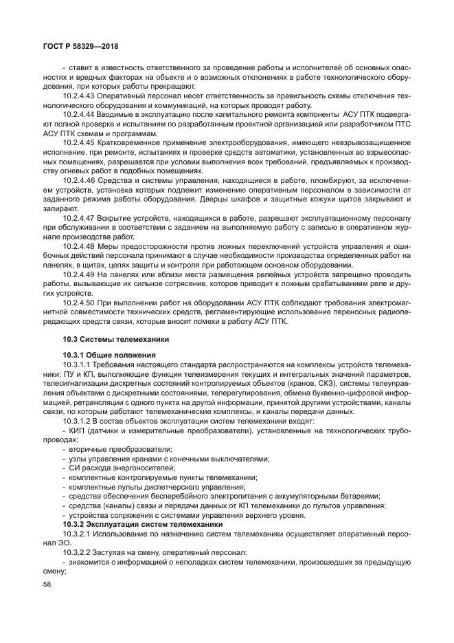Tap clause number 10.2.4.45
tap(81, 142)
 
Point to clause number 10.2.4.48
tap(81, 246)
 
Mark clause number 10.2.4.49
tap(81, 274)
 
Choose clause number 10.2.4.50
tap(81, 303)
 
